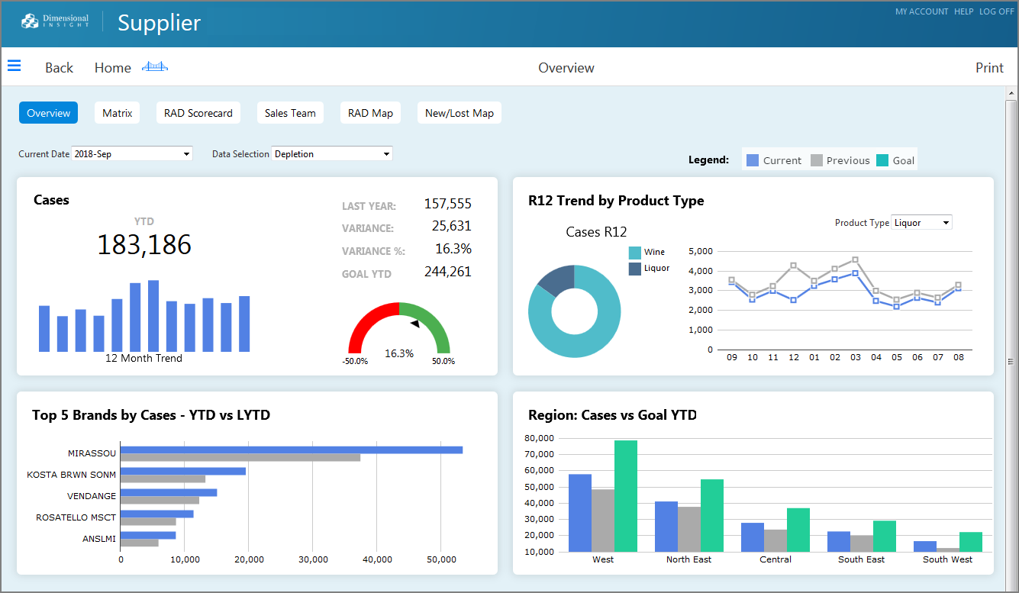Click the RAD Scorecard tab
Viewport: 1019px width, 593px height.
click(198, 113)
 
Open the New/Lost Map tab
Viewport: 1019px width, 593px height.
click(459, 113)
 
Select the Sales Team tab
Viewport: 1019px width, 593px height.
click(290, 113)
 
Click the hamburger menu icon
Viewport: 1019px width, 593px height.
click(14, 66)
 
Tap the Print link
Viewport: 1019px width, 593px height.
click(989, 68)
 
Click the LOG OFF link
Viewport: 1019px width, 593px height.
click(996, 11)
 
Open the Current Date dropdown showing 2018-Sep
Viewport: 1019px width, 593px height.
click(131, 154)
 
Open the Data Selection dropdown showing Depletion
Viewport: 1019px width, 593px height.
click(332, 154)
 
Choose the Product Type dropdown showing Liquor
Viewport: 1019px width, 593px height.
click(921, 223)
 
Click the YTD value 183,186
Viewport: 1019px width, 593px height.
click(144, 245)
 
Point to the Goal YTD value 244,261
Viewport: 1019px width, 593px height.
click(447, 272)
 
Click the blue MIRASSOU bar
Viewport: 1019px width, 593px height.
click(291, 450)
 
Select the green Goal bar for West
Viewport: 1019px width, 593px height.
click(625, 496)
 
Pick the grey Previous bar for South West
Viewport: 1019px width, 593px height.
click(947, 550)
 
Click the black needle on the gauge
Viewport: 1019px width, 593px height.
click(415, 324)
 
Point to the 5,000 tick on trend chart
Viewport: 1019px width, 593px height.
click(700, 251)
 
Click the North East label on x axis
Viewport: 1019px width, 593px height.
click(688, 559)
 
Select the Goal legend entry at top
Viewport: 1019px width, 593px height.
click(895, 160)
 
